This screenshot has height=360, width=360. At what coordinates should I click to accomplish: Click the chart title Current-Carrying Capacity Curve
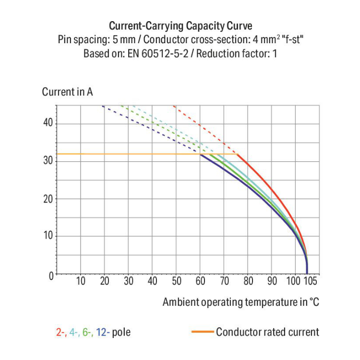pyautogui.click(x=180, y=25)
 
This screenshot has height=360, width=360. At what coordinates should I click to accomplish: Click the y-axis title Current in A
pyautogui.click(x=68, y=92)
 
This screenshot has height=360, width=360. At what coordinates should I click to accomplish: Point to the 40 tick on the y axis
pyautogui.click(x=47, y=123)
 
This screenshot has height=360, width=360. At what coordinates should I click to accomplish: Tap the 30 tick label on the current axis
pyautogui.click(x=47, y=161)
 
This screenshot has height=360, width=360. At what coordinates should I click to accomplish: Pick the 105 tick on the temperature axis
pyautogui.click(x=309, y=281)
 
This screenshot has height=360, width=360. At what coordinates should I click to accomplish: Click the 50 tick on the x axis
pyautogui.click(x=177, y=281)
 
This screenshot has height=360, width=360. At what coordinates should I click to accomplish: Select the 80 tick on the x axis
pyautogui.click(x=248, y=281)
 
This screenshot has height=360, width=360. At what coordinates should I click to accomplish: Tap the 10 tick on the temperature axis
pyautogui.click(x=81, y=281)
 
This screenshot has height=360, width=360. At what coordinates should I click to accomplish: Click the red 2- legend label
pyautogui.click(x=60, y=332)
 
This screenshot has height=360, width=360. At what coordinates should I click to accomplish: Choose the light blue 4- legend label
pyautogui.click(x=74, y=332)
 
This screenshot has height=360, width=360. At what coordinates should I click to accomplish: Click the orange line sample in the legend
pyautogui.click(x=202, y=332)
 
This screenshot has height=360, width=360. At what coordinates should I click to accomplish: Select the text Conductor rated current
pyautogui.click(x=267, y=332)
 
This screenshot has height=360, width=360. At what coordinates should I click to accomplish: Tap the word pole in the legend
pyautogui.click(x=121, y=332)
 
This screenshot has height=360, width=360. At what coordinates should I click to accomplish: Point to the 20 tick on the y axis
pyautogui.click(x=47, y=198)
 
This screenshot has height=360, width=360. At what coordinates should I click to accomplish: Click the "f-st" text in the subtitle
pyautogui.click(x=291, y=39)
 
